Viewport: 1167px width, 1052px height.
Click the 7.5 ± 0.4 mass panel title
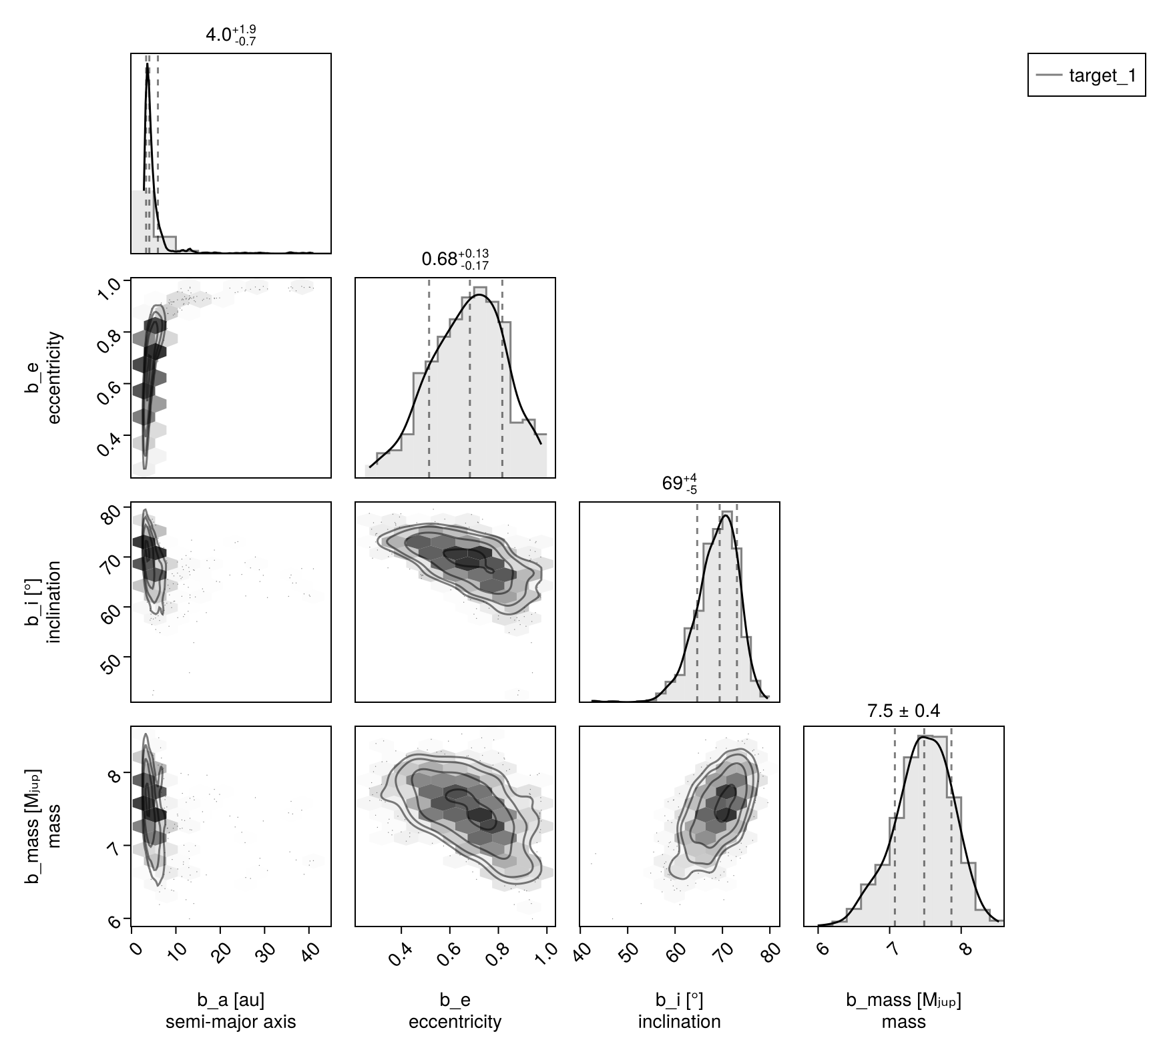(903, 712)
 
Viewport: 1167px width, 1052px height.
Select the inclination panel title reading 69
(680, 484)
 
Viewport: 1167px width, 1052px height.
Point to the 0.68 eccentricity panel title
(455, 259)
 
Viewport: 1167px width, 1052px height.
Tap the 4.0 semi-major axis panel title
(231, 35)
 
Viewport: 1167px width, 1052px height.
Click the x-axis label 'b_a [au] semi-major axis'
(231, 1011)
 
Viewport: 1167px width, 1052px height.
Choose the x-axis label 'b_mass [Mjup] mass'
(903, 1011)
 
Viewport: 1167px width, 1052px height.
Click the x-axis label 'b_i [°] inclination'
(680, 1011)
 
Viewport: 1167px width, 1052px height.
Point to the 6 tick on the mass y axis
(114, 921)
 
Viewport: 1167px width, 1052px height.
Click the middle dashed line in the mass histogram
(924, 828)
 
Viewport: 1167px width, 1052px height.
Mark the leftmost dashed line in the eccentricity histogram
(429, 378)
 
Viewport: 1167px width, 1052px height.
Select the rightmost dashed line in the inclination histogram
(737, 601)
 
